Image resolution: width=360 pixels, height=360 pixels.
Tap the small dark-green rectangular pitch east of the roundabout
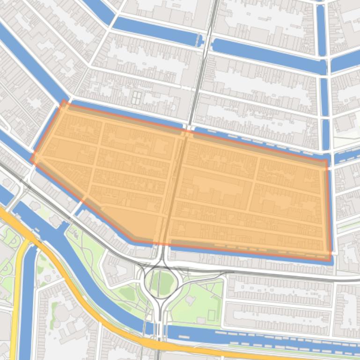pyautogui.click(x=212, y=316)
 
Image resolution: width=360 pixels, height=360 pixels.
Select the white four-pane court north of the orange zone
pyautogui.click(x=137, y=98)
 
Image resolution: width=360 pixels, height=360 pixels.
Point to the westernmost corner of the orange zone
pyautogui.click(x=32, y=159)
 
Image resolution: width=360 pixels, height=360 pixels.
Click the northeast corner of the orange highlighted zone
pyautogui.click(x=326, y=161)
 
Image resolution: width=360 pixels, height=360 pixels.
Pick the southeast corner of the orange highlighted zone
pyautogui.click(x=330, y=259)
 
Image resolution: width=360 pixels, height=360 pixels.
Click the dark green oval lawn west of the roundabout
pyautogui.click(x=127, y=293)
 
